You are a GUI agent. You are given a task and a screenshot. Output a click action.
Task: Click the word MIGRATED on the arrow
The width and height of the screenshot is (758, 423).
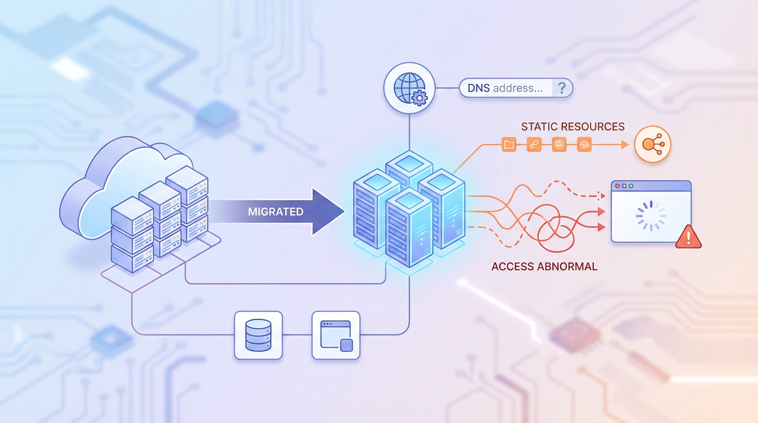pos(275,212)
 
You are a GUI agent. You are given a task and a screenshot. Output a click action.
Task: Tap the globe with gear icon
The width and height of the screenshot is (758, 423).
pos(409,88)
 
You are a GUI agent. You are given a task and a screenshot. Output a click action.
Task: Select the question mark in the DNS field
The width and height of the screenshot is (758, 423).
pos(561,88)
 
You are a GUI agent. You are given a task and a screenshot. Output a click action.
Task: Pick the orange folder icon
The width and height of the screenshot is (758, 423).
pos(508,145)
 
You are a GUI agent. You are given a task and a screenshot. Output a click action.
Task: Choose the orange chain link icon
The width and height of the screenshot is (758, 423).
pos(533,145)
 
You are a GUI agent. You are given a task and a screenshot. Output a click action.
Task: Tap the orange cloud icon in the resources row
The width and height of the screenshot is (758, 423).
pos(584,145)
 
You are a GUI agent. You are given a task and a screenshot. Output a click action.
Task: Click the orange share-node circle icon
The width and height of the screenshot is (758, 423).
pos(653,145)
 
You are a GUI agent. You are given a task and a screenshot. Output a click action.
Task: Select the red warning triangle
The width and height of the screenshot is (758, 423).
pos(688,237)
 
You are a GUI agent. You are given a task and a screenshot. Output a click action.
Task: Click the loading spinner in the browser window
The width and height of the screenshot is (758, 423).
pos(651,216)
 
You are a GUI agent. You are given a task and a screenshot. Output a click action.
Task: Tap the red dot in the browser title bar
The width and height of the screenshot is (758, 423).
pos(618,186)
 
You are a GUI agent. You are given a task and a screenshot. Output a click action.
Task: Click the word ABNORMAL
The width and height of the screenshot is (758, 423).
pos(569,267)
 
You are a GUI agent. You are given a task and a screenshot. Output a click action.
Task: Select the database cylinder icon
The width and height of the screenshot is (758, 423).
pos(258,335)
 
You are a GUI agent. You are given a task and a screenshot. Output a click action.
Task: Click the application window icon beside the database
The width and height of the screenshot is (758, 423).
pos(336,335)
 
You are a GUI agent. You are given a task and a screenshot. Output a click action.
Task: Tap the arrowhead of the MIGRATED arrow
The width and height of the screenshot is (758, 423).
pos(328,212)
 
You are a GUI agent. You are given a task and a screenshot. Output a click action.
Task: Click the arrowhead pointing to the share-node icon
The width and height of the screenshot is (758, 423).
pos(624,145)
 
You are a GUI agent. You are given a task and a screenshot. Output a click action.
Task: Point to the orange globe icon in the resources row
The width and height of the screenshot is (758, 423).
pos(559,145)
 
